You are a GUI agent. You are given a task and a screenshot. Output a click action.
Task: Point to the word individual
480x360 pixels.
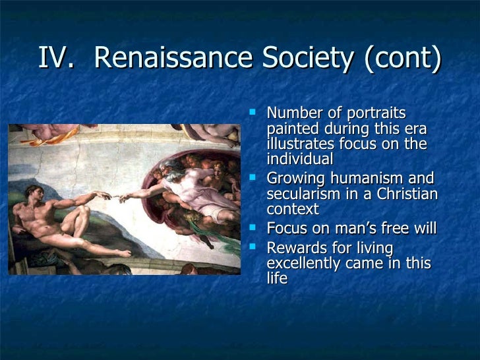[300, 160]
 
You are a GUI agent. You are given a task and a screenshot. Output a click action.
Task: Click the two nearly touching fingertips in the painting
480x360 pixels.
[113, 195]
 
